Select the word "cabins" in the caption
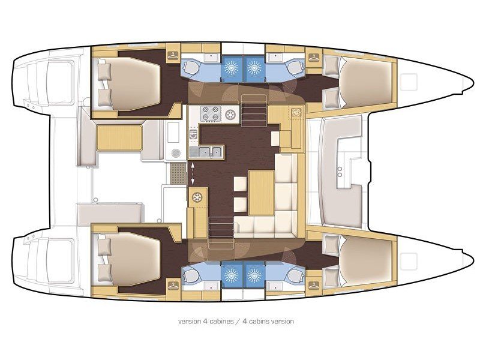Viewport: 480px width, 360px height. pyautogui.click(x=259, y=322)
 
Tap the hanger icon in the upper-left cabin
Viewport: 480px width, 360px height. pyautogui.click(x=173, y=55)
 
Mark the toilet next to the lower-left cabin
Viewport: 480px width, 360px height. pyautogui.click(x=191, y=276)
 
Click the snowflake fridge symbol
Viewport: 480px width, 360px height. pyautogui.click(x=196, y=196)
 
